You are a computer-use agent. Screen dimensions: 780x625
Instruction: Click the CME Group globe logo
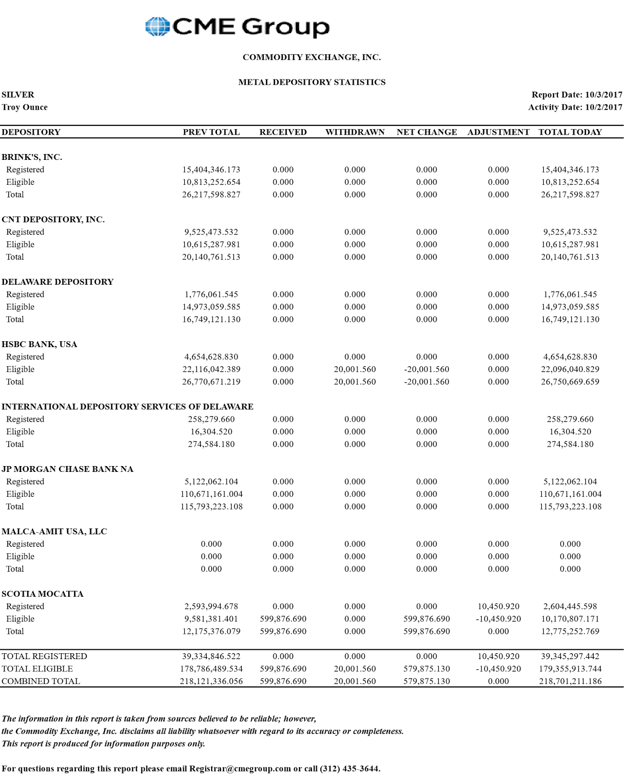157,26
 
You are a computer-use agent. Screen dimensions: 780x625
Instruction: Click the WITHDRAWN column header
355,132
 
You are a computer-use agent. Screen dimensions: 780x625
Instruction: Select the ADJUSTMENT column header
498,132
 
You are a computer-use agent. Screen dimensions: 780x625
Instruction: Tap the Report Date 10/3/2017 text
577,95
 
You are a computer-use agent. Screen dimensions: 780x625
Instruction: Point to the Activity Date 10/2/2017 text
575,107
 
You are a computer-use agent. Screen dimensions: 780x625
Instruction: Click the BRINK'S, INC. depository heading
32,157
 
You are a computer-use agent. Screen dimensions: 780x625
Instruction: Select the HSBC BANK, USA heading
39,344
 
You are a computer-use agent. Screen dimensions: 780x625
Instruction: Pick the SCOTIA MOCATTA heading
42,594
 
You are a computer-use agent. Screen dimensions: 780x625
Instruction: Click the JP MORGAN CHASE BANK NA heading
67,469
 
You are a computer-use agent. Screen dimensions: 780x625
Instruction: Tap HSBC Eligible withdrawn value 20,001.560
355,370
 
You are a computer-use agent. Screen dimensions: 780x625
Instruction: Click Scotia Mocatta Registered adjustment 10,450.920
498,606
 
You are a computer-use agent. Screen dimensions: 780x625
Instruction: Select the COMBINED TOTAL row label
41,682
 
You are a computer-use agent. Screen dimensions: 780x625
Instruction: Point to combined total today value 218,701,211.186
570,682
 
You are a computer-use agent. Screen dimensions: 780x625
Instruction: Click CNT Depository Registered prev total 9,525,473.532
211,232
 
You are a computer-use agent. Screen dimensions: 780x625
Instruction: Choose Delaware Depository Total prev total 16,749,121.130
211,319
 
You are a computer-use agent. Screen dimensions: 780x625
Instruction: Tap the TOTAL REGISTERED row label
44,657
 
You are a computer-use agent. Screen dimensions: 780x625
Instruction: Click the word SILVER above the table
18,95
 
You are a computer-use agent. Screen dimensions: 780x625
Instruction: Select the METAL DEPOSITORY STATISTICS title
312,82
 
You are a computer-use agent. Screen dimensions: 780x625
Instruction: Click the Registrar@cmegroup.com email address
240,769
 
